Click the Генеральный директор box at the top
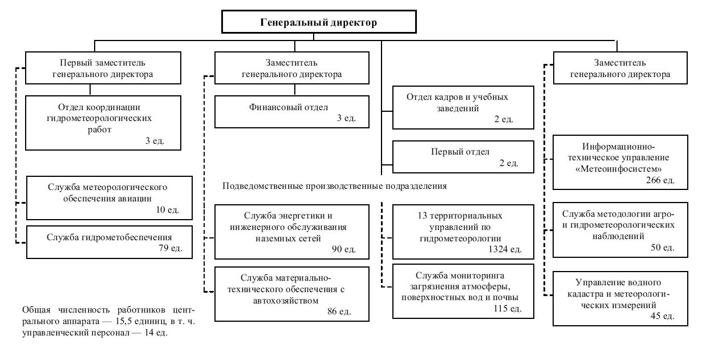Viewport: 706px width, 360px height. pyautogui.click(x=318, y=23)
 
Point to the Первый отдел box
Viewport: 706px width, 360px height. pyautogui.click(x=463, y=157)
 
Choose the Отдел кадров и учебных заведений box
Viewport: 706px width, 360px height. pyautogui.click(x=463, y=107)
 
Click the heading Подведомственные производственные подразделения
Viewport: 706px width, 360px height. pyautogui.click(x=334, y=187)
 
